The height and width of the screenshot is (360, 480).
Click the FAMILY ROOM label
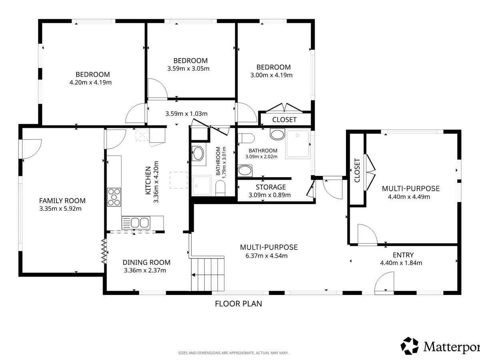tap(62, 201)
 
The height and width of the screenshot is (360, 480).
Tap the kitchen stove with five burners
tap(114, 197)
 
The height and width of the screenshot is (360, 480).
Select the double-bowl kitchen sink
tap(136, 223)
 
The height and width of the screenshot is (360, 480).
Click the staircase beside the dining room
tap(208, 274)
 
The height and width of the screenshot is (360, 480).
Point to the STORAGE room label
tap(271, 187)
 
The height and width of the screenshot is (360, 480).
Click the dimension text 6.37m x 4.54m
tap(266, 256)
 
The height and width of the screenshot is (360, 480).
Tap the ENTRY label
tap(403, 255)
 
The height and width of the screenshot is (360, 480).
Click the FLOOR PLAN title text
tap(238, 304)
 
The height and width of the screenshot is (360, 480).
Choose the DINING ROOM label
tap(146, 262)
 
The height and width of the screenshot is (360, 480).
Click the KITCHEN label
tap(148, 180)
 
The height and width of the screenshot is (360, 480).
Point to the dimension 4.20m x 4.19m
tap(90, 82)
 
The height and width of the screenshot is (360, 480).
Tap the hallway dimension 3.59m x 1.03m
tap(186, 114)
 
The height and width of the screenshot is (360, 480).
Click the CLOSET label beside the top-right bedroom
tap(284, 120)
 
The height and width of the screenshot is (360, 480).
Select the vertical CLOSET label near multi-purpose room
tap(357, 170)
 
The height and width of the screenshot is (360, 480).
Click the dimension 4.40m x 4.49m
tap(409, 197)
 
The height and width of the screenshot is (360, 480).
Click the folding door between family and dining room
tap(104, 251)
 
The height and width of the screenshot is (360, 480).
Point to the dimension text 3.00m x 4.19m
tap(271, 75)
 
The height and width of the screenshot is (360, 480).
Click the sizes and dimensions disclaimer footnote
tap(233, 353)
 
